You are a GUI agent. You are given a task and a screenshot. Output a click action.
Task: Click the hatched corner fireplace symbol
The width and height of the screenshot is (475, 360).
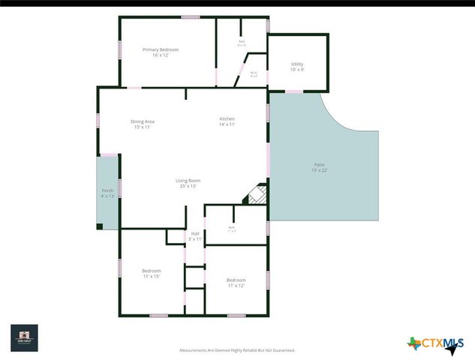(255, 194)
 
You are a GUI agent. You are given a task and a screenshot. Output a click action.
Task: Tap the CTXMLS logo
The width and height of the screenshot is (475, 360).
(435, 344)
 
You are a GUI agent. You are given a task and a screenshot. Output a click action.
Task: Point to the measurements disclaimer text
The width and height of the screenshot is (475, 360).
(237, 350)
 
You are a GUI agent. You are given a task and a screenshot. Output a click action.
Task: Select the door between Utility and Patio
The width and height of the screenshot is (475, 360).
(294, 91)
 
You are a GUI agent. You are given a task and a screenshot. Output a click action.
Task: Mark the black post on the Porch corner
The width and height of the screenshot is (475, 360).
(99, 226)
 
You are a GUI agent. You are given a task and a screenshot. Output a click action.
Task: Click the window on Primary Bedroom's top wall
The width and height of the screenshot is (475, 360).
(191, 16)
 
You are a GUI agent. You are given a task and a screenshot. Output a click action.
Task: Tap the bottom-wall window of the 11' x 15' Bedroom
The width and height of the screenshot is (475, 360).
(158, 315)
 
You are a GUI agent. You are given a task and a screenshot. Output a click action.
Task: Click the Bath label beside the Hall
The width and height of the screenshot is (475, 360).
(232, 229)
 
